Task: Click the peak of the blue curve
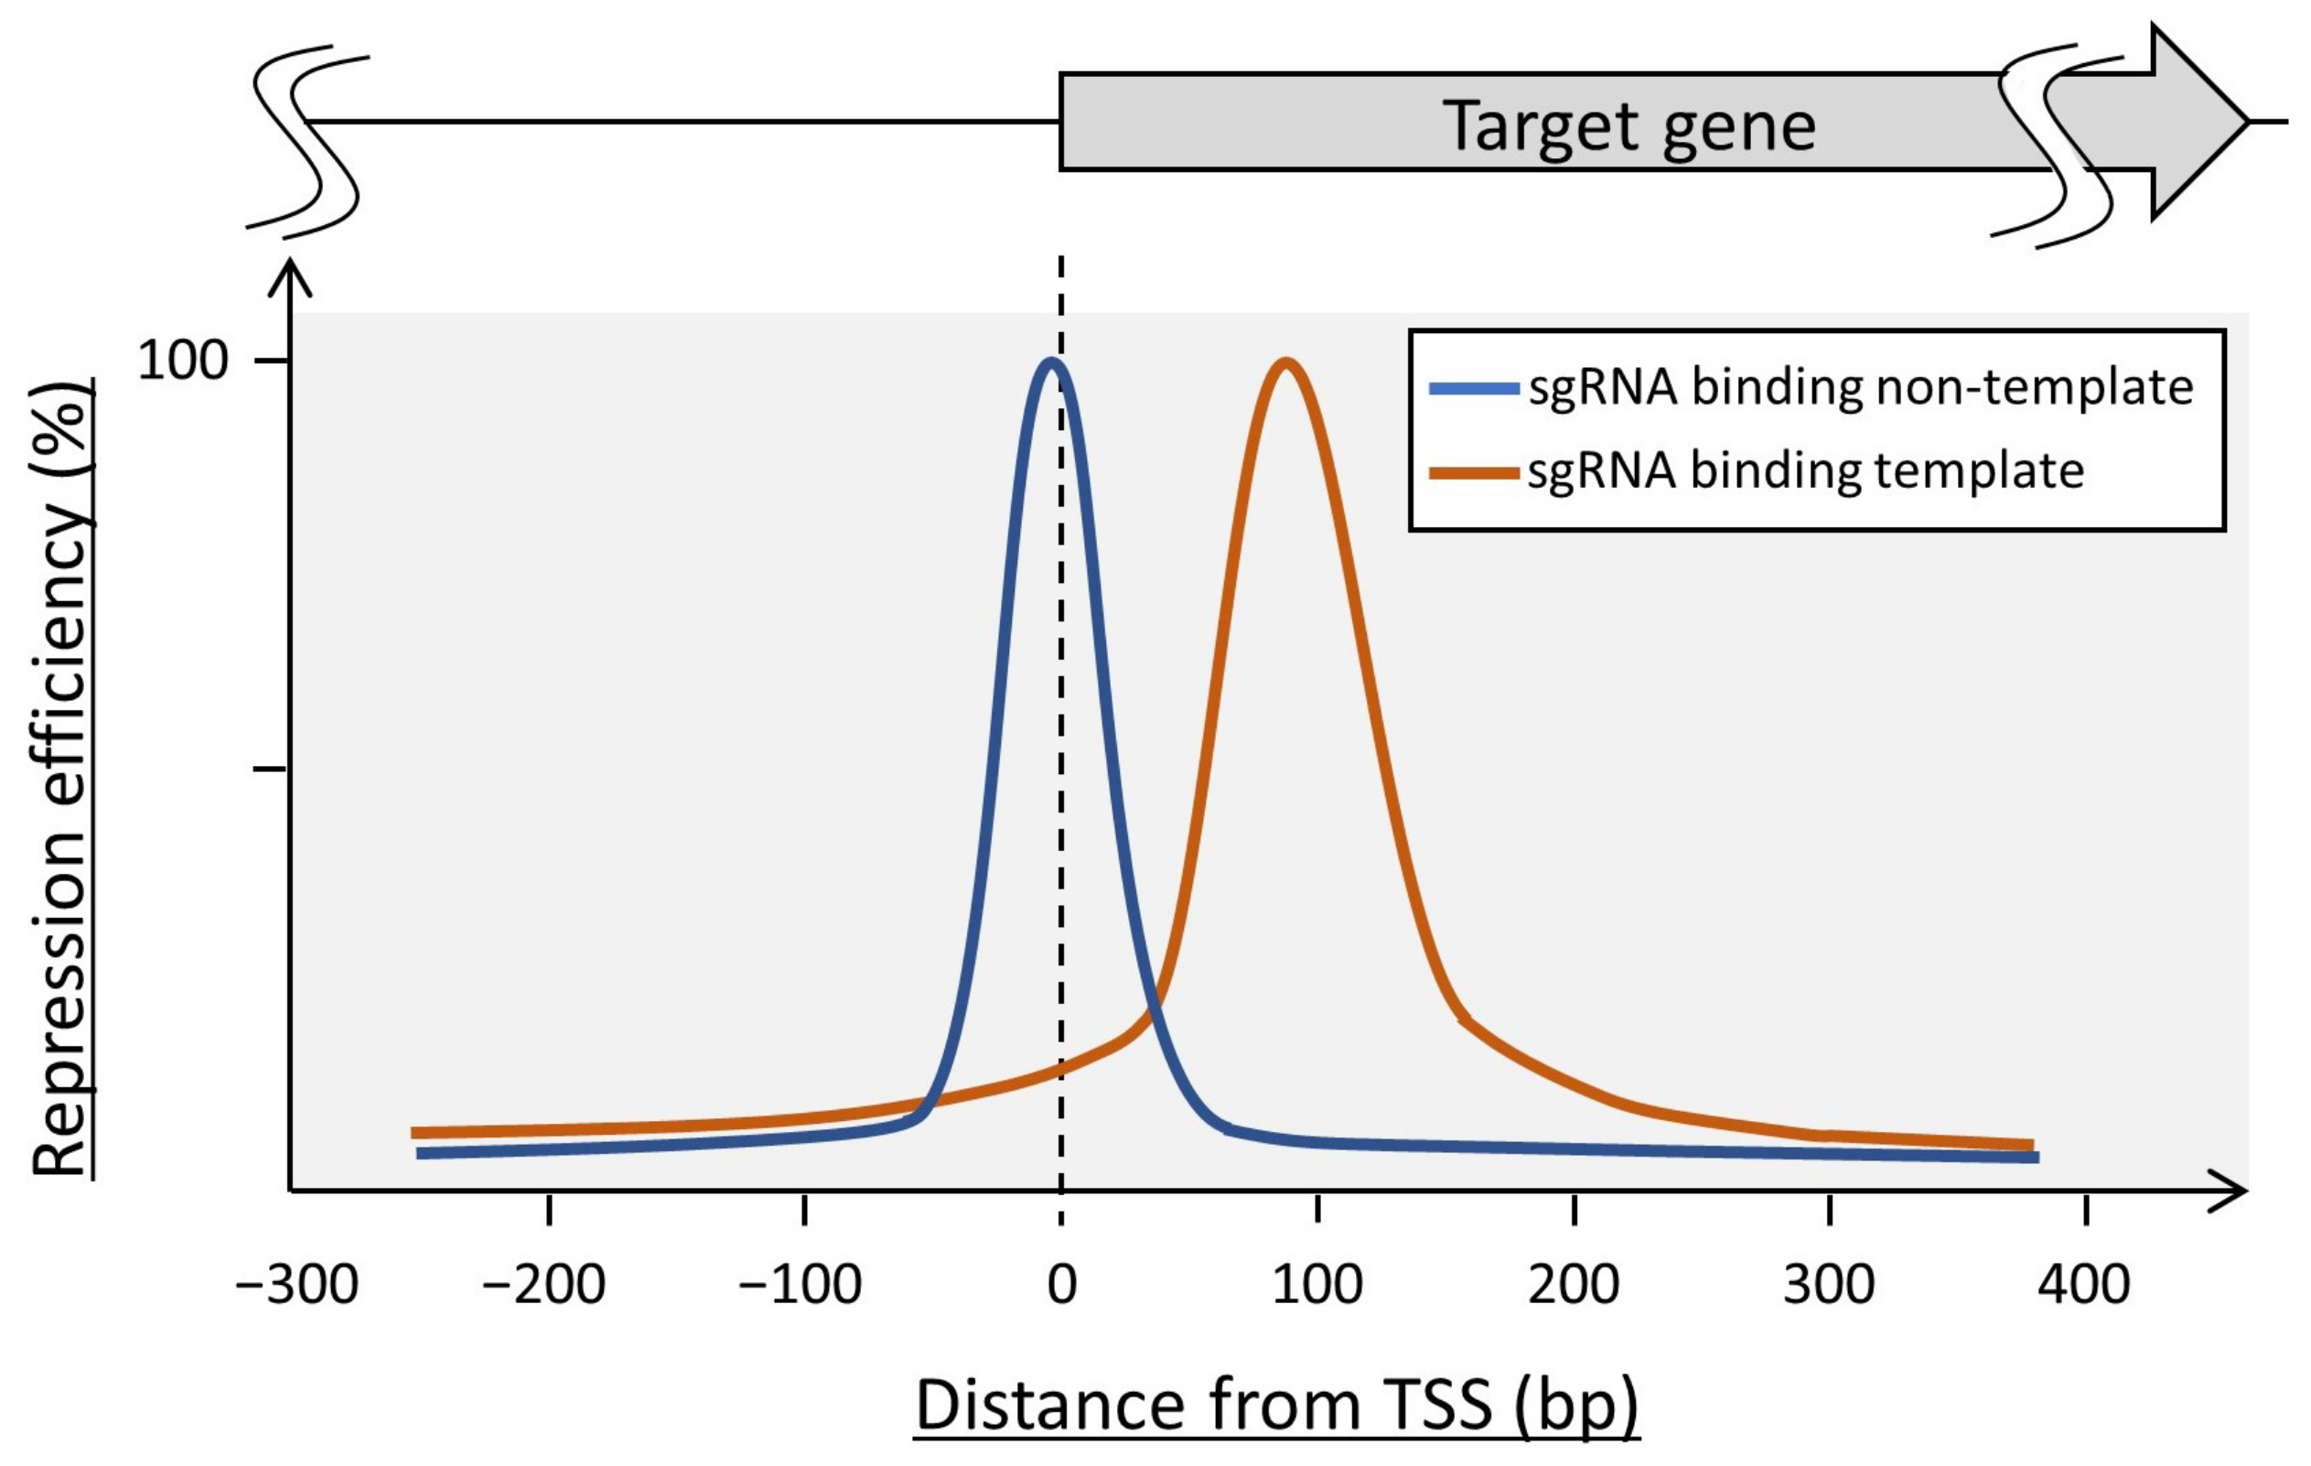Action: (1052, 362)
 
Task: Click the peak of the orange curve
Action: (1285, 363)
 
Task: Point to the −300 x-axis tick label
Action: (296, 1285)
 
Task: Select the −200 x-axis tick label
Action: (544, 1285)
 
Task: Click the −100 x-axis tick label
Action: (801, 1285)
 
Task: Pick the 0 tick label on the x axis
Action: (1061, 1285)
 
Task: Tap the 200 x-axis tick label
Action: (1574, 1285)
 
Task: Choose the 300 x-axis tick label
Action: (1829, 1285)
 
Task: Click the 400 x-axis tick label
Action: (2084, 1285)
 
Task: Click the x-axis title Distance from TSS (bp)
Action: (1275, 1406)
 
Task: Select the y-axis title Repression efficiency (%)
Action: (59, 777)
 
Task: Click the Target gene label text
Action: (1628, 125)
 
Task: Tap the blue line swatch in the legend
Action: (1473, 389)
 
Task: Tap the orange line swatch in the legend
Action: (1473, 472)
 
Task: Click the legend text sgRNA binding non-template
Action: (1860, 388)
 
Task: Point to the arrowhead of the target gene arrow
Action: (2198, 122)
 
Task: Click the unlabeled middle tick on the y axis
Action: (270, 769)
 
